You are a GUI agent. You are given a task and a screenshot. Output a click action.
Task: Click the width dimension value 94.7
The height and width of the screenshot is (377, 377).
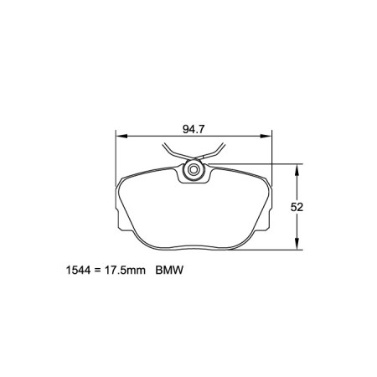coord(194,129)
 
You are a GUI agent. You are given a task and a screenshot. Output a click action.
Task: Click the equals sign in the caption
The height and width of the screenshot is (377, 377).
coord(97,271)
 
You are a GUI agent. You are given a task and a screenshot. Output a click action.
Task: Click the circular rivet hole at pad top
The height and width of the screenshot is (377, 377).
coord(194,172)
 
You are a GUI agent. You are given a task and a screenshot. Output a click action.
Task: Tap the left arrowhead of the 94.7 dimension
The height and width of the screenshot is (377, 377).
coord(119,137)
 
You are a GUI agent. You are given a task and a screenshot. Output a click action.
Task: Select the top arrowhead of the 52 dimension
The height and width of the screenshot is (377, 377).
coord(297,168)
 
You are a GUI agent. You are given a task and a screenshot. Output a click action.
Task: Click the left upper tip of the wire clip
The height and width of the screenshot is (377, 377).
coord(163,148)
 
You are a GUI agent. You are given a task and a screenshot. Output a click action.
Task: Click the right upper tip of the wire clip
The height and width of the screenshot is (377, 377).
coord(223,148)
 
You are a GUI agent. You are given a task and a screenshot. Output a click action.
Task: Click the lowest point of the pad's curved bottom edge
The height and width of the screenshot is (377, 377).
coord(194,249)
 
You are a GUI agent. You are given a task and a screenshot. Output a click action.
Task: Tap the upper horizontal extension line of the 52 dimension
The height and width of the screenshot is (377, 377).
coord(251,163)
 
